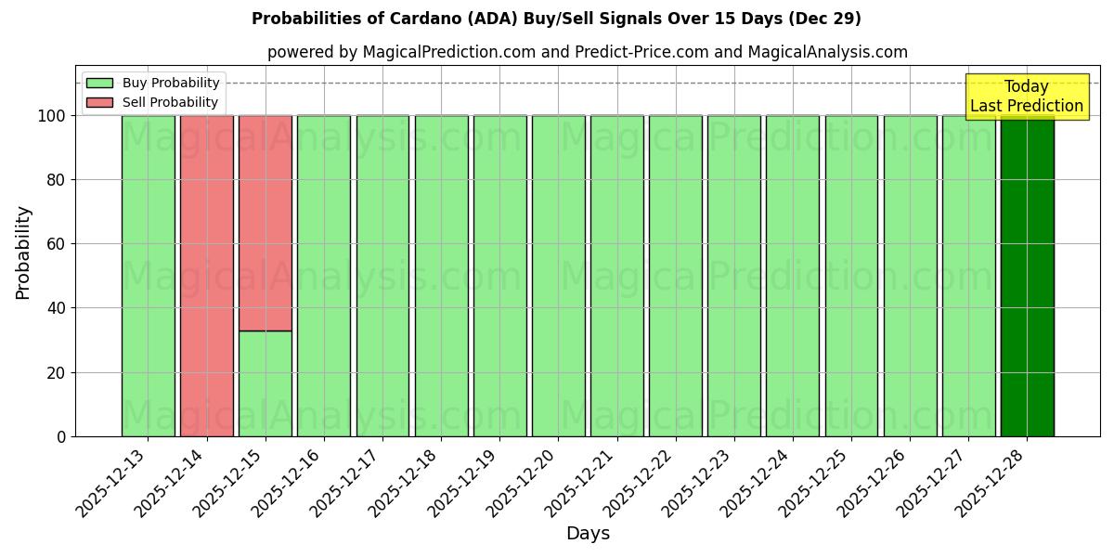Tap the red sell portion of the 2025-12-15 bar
pyautogui.click(x=265, y=223)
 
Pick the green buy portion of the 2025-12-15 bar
pyautogui.click(x=265, y=383)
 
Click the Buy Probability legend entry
pyautogui.click(x=153, y=84)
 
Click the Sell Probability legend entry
pyautogui.click(x=153, y=102)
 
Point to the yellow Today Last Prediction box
pyautogui.click(x=1026, y=97)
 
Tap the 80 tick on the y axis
pyautogui.click(x=58, y=180)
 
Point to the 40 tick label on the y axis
pyautogui.click(x=58, y=308)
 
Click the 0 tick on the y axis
pyautogui.click(x=62, y=436)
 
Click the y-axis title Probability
pyautogui.click(x=23, y=252)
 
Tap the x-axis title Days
pyautogui.click(x=588, y=534)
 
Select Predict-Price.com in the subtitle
pyautogui.click(x=640, y=52)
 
